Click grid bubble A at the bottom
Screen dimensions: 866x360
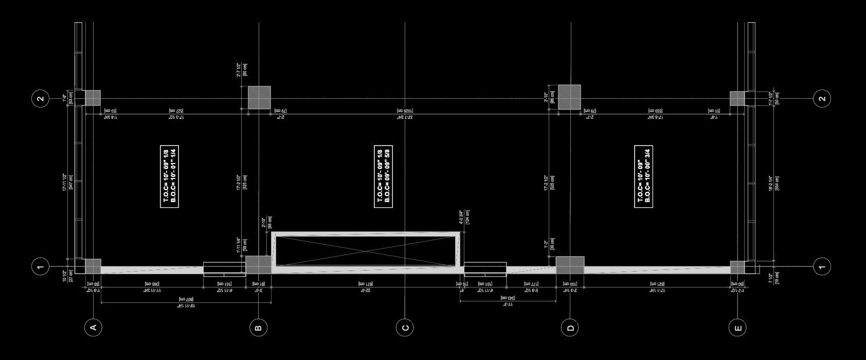(93, 327)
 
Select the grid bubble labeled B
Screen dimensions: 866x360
(259, 327)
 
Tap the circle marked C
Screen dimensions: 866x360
(405, 327)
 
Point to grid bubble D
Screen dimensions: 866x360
(570, 327)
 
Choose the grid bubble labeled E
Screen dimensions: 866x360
(737, 327)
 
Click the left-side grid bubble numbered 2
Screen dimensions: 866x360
(41, 98)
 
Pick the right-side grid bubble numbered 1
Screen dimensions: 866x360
(822, 266)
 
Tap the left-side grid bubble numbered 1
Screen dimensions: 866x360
(41, 266)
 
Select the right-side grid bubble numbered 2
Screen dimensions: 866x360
(822, 98)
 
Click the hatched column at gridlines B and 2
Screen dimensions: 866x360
(259, 97)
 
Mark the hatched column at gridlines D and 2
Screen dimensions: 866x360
(570, 97)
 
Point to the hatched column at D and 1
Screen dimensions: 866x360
(570, 265)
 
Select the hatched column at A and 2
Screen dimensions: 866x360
(93, 98)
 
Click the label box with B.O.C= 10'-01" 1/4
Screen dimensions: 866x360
(170, 176)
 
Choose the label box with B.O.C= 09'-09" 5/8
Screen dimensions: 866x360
(383, 176)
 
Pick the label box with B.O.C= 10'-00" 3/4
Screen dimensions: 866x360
(644, 176)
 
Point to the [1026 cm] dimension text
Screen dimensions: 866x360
(405, 111)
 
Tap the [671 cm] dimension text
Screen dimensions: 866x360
(366, 283)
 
